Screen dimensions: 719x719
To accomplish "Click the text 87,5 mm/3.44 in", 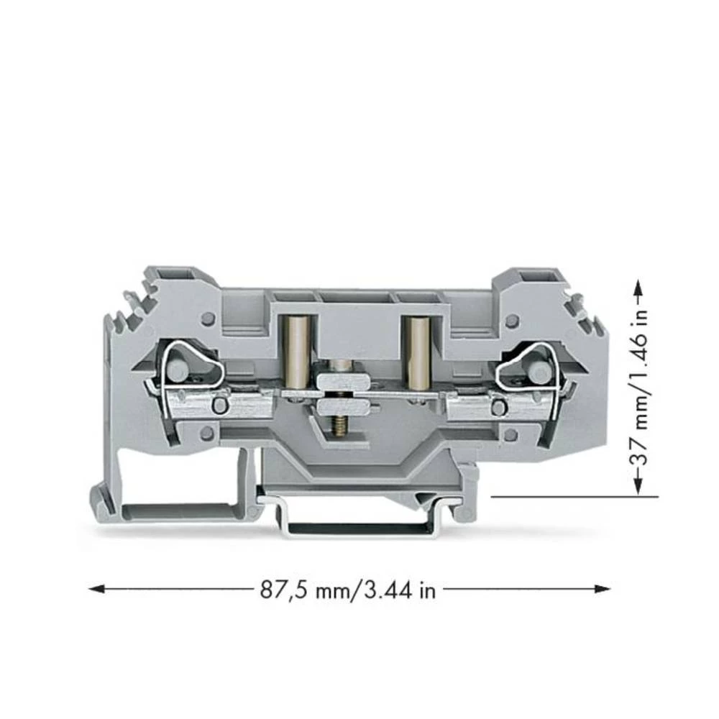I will point(347,590).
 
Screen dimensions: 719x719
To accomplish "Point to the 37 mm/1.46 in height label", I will point(637,388).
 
